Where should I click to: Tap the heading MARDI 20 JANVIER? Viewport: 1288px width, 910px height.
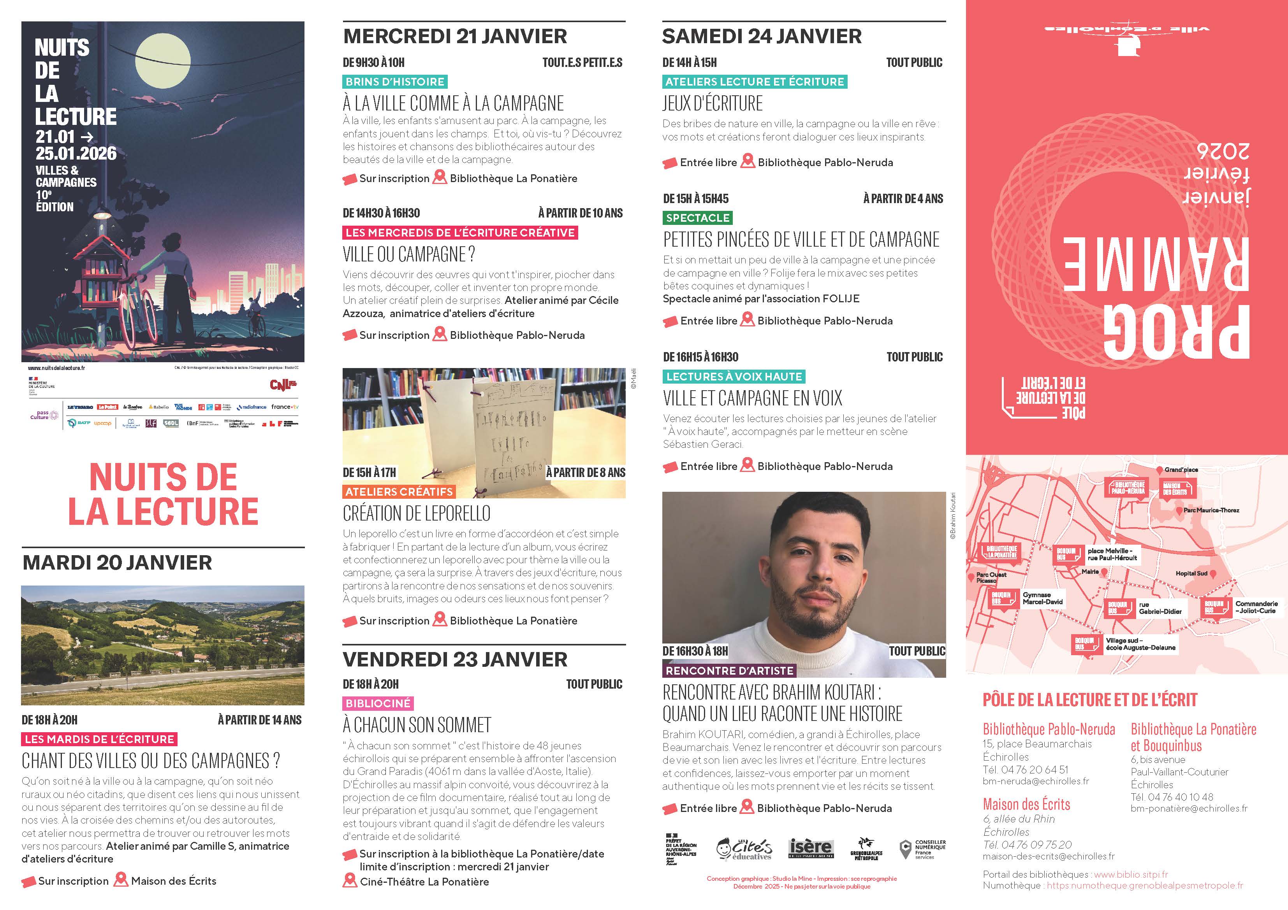(117, 562)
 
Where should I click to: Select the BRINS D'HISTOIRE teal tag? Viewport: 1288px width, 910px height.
(395, 82)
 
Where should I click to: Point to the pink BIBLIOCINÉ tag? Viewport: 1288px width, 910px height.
(378, 703)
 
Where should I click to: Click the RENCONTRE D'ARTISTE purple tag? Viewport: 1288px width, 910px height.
(729, 671)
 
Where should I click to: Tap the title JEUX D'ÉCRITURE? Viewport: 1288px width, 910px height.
(713, 104)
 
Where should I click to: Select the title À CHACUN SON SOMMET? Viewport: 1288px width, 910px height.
(417, 725)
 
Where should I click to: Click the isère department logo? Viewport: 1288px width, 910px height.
(810, 848)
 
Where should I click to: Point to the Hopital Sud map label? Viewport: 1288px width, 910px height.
(1191, 573)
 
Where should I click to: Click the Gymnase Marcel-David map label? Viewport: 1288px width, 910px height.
(1042, 598)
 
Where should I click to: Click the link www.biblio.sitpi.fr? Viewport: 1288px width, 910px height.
(1131, 874)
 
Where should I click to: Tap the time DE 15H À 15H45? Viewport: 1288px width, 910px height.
(696, 198)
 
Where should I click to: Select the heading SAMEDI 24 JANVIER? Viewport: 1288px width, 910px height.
(761, 37)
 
